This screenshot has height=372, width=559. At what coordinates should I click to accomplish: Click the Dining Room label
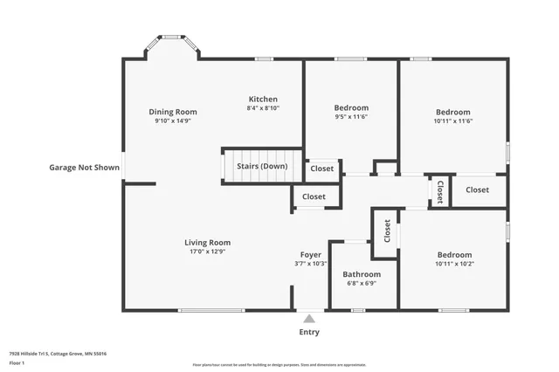click(172, 112)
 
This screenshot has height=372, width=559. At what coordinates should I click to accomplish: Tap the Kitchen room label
click(263, 99)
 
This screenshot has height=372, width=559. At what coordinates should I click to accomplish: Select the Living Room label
click(207, 242)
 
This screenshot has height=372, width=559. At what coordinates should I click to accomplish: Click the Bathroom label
click(361, 273)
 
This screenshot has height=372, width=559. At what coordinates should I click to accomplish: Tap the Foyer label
click(311, 254)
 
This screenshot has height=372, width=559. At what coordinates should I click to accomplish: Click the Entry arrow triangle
click(309, 319)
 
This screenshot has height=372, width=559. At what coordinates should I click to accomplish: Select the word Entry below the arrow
click(309, 332)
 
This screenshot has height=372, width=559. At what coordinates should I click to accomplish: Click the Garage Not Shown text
click(84, 167)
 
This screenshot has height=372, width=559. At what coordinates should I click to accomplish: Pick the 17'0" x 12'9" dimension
click(207, 251)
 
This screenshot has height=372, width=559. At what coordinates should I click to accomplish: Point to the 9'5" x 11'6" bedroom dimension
click(351, 117)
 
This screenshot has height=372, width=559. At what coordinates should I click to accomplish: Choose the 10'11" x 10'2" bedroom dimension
click(453, 264)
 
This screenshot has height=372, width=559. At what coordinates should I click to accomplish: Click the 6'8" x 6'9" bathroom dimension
click(361, 283)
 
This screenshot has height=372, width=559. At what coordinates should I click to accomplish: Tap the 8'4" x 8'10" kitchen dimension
click(263, 108)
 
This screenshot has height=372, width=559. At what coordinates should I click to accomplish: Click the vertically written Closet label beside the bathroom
click(387, 230)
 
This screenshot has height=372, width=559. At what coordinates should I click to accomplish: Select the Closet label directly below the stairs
click(314, 196)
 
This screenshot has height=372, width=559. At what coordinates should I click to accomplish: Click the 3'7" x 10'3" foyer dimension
click(311, 264)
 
